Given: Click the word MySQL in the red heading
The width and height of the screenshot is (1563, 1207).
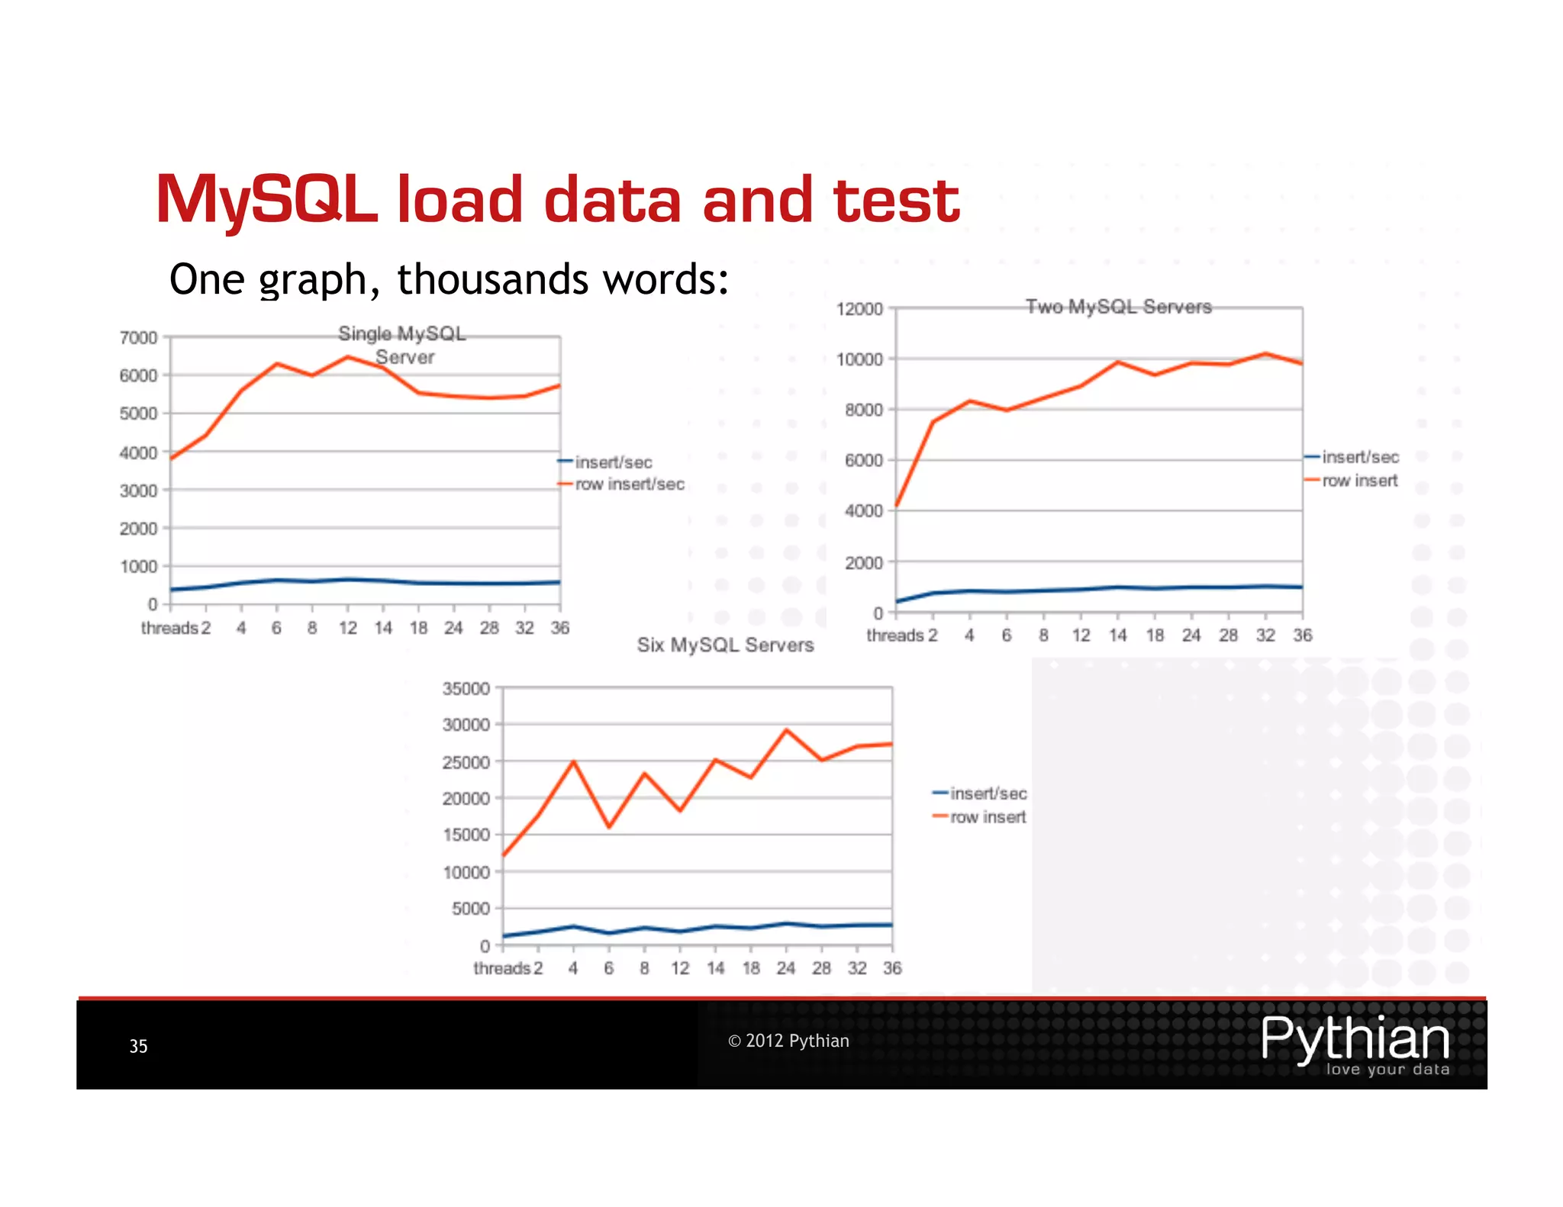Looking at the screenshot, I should click(267, 200).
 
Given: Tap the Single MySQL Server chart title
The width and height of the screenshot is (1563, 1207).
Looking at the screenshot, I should click(403, 345).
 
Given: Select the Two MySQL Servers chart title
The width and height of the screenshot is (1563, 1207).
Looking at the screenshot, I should click(1118, 307).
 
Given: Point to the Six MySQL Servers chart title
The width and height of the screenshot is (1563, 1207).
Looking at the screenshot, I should click(725, 645).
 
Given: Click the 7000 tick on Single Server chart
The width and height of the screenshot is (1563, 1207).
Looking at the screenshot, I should click(138, 337).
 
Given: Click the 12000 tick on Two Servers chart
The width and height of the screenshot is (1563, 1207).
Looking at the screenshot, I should click(859, 309).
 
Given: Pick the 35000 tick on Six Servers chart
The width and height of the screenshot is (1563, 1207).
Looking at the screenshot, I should click(466, 689).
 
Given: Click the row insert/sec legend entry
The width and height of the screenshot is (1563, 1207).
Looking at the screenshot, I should click(629, 484).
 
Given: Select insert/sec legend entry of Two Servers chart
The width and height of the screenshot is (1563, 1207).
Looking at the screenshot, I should click(1359, 457).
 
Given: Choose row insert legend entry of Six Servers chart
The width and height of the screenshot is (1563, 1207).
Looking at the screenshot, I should click(988, 817).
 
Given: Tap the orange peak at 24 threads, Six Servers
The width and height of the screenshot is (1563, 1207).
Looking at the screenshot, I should click(787, 730).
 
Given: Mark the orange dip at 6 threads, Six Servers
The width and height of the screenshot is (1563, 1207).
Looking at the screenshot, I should click(609, 826).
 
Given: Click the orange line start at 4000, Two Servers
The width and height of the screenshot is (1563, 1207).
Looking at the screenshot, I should click(897, 505).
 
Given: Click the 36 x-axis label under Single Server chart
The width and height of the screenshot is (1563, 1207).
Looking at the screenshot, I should click(560, 628).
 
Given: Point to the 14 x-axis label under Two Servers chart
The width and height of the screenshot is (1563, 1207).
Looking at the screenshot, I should click(1117, 636).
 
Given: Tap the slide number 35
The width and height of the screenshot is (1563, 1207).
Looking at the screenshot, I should click(138, 1046).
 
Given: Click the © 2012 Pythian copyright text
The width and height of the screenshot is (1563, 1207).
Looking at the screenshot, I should click(788, 1041).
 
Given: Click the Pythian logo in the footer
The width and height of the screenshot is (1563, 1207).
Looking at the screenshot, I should click(1355, 1044).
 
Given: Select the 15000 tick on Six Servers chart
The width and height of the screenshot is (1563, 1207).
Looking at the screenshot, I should click(466, 835).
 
